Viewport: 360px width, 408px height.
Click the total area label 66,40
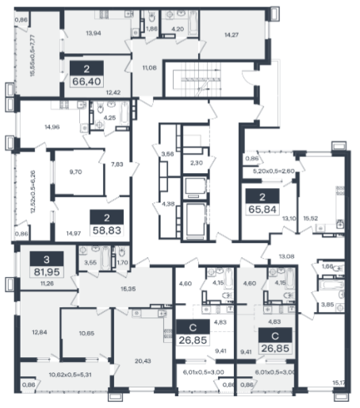(86, 81)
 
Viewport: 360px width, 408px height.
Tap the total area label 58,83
(107, 230)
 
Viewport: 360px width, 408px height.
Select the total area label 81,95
(47, 271)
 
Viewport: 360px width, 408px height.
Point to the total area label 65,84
(262, 210)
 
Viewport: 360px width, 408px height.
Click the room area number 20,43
(143, 360)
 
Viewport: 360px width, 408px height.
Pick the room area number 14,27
(232, 35)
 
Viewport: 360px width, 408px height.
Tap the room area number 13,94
(94, 33)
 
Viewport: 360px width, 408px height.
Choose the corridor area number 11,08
(149, 67)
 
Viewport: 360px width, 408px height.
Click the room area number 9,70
(75, 171)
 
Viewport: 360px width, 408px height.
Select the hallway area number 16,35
(128, 289)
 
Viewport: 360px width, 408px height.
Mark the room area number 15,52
(311, 218)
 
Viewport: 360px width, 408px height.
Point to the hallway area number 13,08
(286, 256)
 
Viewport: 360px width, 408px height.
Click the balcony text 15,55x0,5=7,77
(33, 56)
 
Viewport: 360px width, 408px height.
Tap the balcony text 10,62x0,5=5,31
(71, 375)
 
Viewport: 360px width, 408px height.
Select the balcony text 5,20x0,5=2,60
(274, 171)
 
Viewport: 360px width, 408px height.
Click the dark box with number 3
(47, 259)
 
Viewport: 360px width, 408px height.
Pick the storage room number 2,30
(197, 163)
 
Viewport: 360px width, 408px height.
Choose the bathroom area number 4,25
(109, 117)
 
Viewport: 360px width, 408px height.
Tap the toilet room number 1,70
(122, 263)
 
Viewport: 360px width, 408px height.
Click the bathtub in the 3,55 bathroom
(105, 258)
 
